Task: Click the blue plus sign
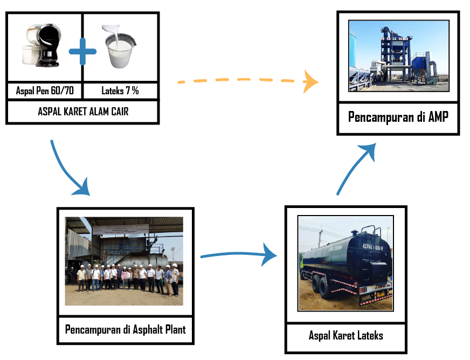pos(82,52)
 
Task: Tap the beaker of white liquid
pos(120,52)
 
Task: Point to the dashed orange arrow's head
pos(311,81)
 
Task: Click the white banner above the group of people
pos(120,230)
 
